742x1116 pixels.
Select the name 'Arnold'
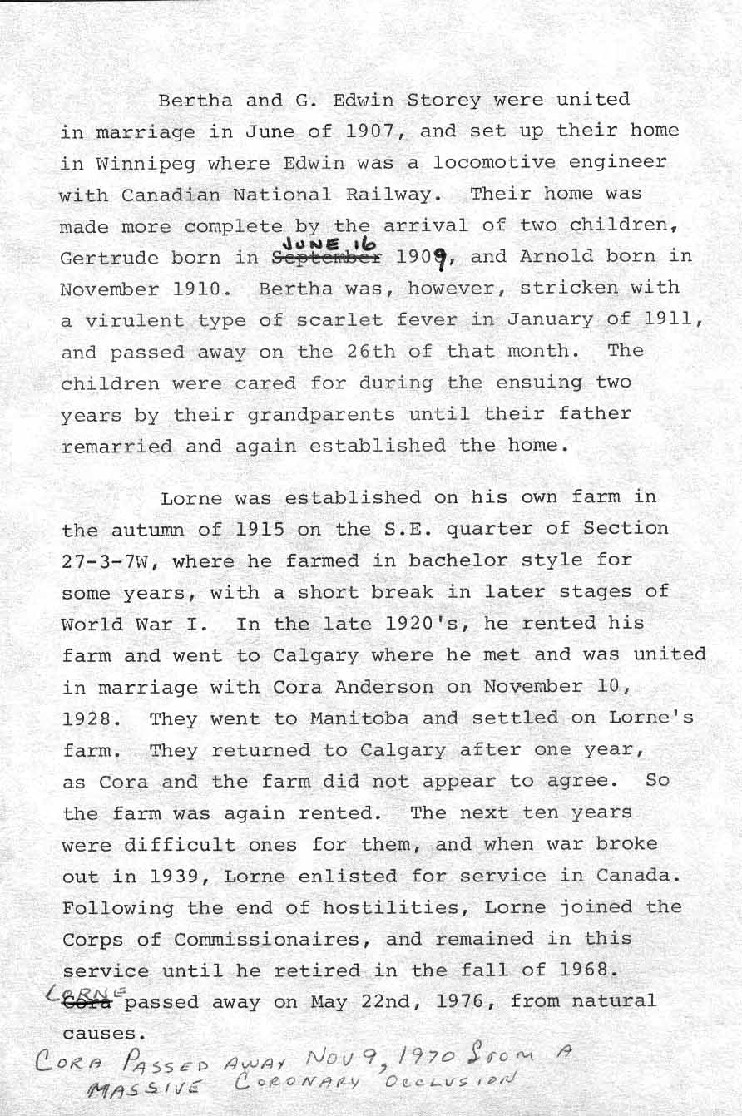point(552,256)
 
